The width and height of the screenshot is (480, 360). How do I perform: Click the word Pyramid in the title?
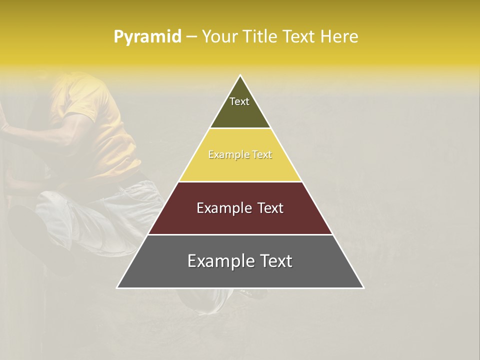[x=147, y=37]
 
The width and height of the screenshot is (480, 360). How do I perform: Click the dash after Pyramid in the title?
[x=191, y=37]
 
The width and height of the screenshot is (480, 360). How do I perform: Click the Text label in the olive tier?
[x=239, y=101]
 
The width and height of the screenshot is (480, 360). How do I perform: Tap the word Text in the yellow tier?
[x=262, y=155]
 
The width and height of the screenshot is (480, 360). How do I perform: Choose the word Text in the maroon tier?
[x=270, y=208]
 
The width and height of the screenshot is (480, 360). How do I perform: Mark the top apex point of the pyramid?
[x=240, y=75]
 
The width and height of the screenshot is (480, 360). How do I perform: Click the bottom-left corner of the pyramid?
[x=117, y=288]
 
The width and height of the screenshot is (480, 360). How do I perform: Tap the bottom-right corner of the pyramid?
[x=363, y=288]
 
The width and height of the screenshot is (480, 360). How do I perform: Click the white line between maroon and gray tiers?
[x=240, y=234]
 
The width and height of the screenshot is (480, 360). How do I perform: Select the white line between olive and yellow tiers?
[x=240, y=128]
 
